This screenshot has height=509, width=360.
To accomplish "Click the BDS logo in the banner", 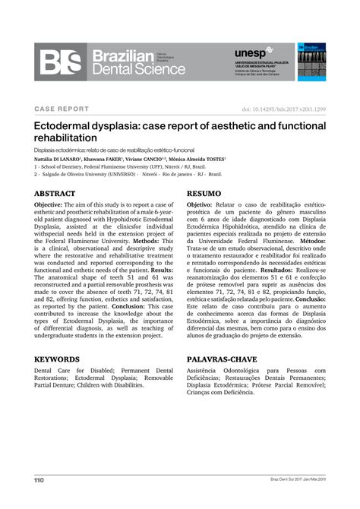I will click(x=62, y=62).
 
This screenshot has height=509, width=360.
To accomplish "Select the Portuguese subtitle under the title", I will click(x=113, y=151).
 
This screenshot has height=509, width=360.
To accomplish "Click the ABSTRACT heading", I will click(x=55, y=194).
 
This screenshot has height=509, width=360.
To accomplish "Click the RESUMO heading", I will click(x=204, y=194).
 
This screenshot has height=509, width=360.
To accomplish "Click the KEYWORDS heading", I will click(x=57, y=359).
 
